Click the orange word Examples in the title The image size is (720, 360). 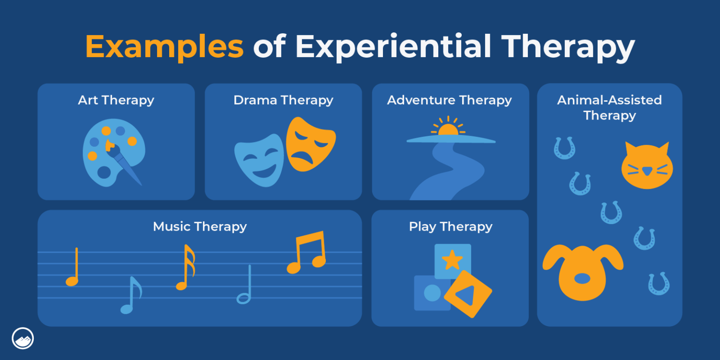click(164, 47)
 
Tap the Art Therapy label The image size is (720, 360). click(116, 100)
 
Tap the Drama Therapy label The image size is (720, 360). click(283, 100)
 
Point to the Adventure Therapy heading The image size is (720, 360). click(449, 100)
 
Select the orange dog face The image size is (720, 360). click(583, 272)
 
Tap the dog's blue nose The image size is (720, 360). click(582, 278)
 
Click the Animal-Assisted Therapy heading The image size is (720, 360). click(609, 107)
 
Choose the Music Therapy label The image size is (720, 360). click(200, 227)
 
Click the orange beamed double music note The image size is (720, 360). click(307, 253)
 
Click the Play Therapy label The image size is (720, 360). click(450, 227)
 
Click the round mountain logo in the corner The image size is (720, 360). click(22, 338)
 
